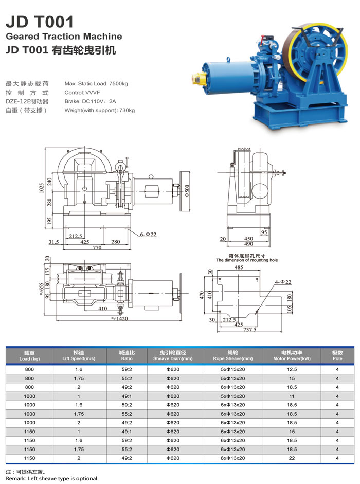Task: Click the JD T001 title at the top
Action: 40,22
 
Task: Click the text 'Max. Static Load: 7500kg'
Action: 96,84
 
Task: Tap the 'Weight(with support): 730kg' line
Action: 99,110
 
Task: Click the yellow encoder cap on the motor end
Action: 196,78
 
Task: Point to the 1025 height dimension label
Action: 41,188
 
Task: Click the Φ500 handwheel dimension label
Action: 187,191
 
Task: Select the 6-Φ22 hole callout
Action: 148,234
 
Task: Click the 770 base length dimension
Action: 97,247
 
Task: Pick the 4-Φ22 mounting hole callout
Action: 283,282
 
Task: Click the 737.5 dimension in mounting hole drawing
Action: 250,329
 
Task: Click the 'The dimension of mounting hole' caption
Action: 247,260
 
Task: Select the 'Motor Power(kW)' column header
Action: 292,358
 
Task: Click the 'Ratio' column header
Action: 127,358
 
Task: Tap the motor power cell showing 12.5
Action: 292,369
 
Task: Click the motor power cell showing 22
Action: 292,458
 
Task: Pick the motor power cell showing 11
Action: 292,396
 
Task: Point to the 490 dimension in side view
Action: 248,244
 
